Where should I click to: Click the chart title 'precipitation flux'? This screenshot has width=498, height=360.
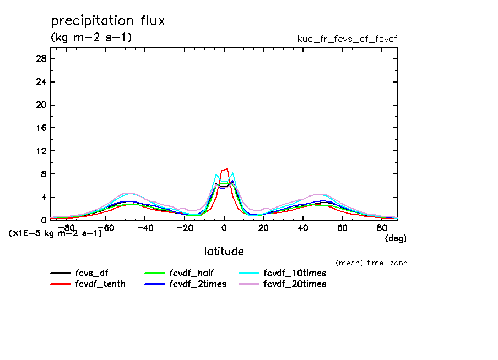tap(108, 21)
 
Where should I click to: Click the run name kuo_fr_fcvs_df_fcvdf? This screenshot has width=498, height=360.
tap(347, 39)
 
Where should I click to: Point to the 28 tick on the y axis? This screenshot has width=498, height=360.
tap(41, 59)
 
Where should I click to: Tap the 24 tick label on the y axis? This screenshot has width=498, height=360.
tap(41, 82)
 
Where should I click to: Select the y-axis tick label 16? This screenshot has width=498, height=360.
tap(41, 128)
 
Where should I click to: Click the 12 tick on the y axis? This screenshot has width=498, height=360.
tap(41, 151)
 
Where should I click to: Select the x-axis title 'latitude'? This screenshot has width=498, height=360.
tap(224, 252)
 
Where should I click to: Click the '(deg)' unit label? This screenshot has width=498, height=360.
tap(396, 239)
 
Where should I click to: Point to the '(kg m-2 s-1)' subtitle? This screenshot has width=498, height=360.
tap(91, 38)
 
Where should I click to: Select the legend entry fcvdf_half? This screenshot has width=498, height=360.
tap(191, 273)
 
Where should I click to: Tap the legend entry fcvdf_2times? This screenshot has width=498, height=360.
tap(198, 284)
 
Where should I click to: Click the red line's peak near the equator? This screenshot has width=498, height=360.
tap(226, 169)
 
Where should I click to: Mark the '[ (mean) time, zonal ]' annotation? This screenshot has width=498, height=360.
tap(372, 263)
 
